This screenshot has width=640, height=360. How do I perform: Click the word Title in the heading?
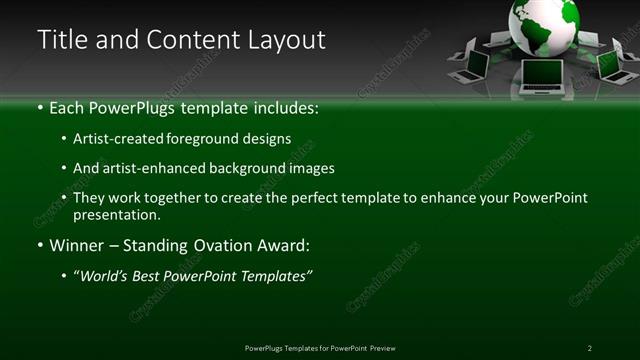click(x=60, y=40)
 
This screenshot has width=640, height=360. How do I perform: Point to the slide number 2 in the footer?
click(x=589, y=347)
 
